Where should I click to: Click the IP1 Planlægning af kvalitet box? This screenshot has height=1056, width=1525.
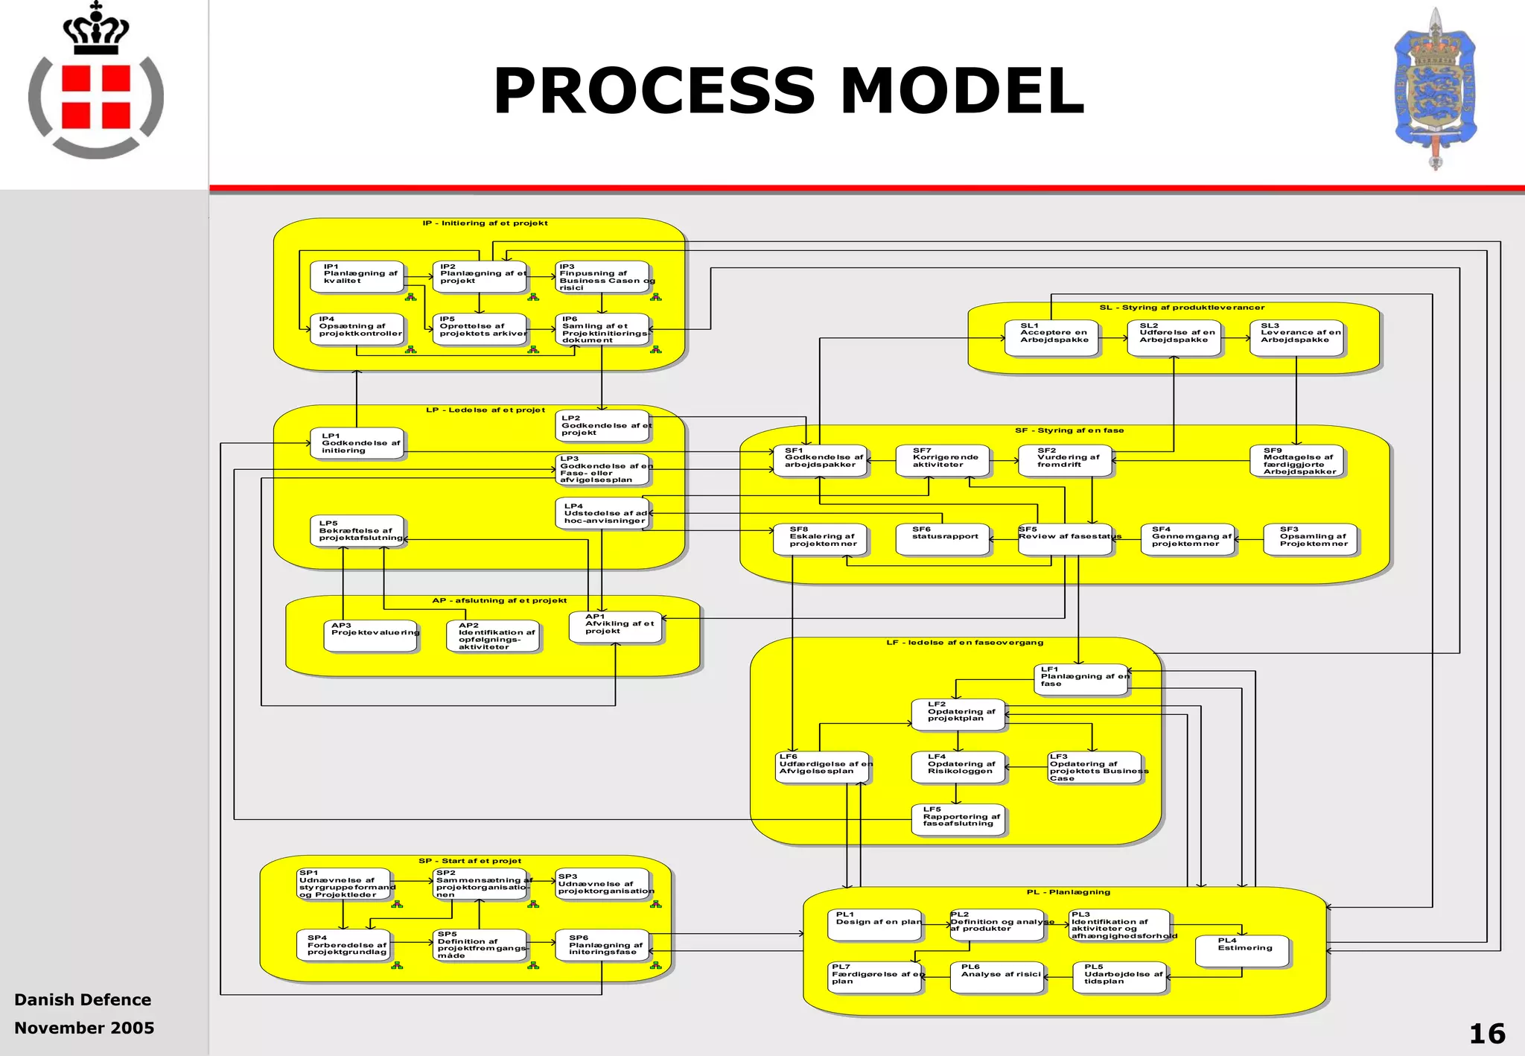click(x=357, y=276)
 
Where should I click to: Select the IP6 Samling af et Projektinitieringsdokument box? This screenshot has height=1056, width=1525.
click(x=602, y=329)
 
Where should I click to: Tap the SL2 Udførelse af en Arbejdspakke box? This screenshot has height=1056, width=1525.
click(x=1174, y=337)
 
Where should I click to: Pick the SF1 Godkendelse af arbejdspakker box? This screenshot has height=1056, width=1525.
click(x=820, y=461)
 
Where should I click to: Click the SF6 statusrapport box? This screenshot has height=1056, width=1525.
click(x=943, y=540)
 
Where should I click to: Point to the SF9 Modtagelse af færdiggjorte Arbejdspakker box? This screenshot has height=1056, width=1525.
click(x=1296, y=461)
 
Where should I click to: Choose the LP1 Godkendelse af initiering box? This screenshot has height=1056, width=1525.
click(x=357, y=444)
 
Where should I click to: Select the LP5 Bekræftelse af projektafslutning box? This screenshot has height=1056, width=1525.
click(x=357, y=531)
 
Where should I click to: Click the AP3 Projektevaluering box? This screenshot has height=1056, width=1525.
click(x=371, y=636)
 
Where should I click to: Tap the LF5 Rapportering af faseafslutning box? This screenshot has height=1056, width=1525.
click(x=958, y=820)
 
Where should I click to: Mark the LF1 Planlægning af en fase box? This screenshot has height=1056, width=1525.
click(x=1081, y=679)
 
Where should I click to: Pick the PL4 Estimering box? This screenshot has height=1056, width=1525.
click(x=1241, y=951)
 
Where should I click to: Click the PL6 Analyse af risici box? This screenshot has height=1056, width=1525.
click(x=997, y=977)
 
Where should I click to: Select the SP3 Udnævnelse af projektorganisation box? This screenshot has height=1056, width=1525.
click(x=602, y=884)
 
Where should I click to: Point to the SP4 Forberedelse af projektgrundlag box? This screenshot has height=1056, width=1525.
click(x=343, y=946)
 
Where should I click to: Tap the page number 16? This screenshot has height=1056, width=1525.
click(x=1486, y=1034)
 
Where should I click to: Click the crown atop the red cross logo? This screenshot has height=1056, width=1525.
click(x=96, y=30)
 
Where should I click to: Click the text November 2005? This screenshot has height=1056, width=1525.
click(x=84, y=1028)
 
